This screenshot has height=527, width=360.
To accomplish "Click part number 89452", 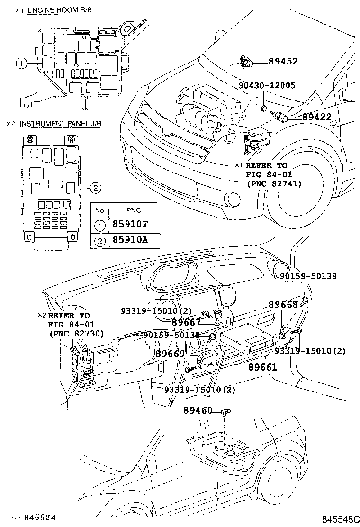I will click(283, 61).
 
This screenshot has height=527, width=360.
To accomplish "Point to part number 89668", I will click(283, 304).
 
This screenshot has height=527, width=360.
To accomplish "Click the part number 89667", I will click(186, 322).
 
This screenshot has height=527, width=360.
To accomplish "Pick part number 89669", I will click(170, 354).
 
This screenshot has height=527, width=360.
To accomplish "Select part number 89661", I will click(262, 366).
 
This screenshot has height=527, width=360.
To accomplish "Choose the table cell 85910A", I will click(130, 240).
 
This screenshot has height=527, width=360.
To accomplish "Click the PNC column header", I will click(134, 210).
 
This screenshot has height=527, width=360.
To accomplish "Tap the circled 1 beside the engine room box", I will click(20, 62).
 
